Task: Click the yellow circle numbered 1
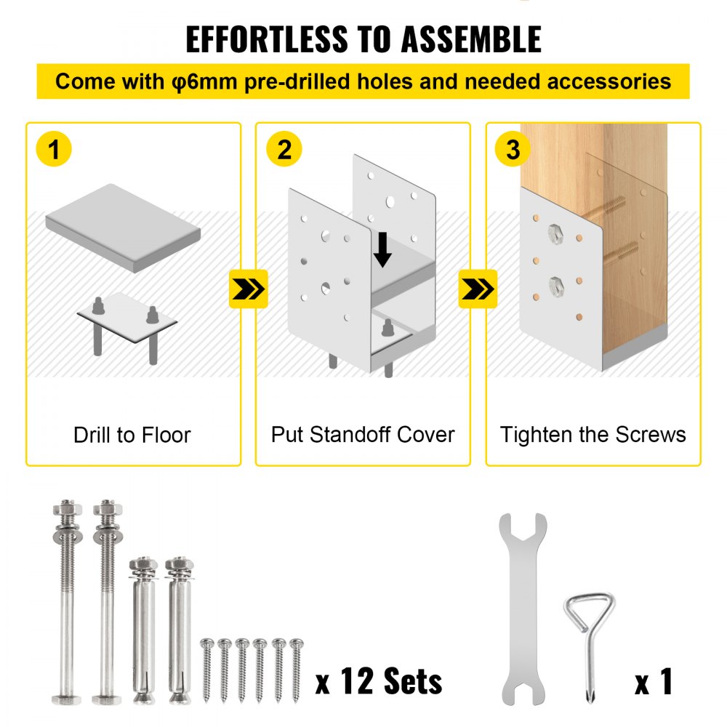click(x=53, y=150)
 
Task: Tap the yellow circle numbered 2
click(x=284, y=150)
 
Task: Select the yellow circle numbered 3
click(x=513, y=150)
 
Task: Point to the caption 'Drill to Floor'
click(x=132, y=435)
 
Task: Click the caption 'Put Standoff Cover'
click(x=363, y=435)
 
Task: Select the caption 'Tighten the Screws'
click(x=593, y=435)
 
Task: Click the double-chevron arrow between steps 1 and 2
click(x=249, y=289)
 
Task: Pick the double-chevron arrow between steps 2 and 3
click(x=478, y=289)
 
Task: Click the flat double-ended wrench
click(x=522, y=608)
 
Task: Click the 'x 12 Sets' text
click(x=379, y=682)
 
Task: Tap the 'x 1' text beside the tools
click(x=654, y=682)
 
